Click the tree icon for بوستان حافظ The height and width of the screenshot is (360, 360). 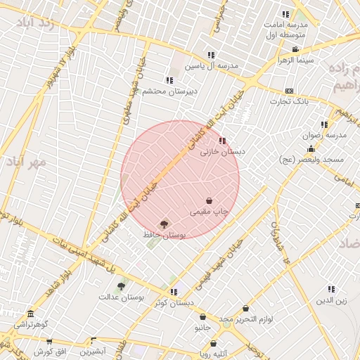tap(165, 224)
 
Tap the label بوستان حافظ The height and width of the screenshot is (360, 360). tap(164, 235)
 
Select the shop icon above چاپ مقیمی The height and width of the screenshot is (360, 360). tap(209, 201)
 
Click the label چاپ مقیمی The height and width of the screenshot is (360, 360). tap(210, 211)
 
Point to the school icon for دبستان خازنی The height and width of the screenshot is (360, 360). tap(223, 141)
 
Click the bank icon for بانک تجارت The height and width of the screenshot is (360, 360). tap(289, 92)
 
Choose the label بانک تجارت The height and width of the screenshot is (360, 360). tap(290, 103)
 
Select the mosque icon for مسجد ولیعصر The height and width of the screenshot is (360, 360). tap(311, 148)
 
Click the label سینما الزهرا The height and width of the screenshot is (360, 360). tap(295, 60)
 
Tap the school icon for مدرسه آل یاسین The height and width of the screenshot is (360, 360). tap(210, 55)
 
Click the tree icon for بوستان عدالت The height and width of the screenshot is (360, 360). tap(121, 286)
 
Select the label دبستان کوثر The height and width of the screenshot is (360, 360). tap(173, 303)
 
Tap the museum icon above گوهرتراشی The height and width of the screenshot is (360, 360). tap(30, 314)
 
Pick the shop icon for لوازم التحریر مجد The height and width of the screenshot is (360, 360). tap(245, 308)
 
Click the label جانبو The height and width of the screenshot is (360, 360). tap(202, 328)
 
